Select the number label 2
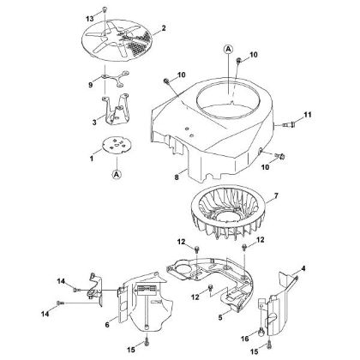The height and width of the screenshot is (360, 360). click(164, 28)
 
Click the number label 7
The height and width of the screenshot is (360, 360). click(275, 198)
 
